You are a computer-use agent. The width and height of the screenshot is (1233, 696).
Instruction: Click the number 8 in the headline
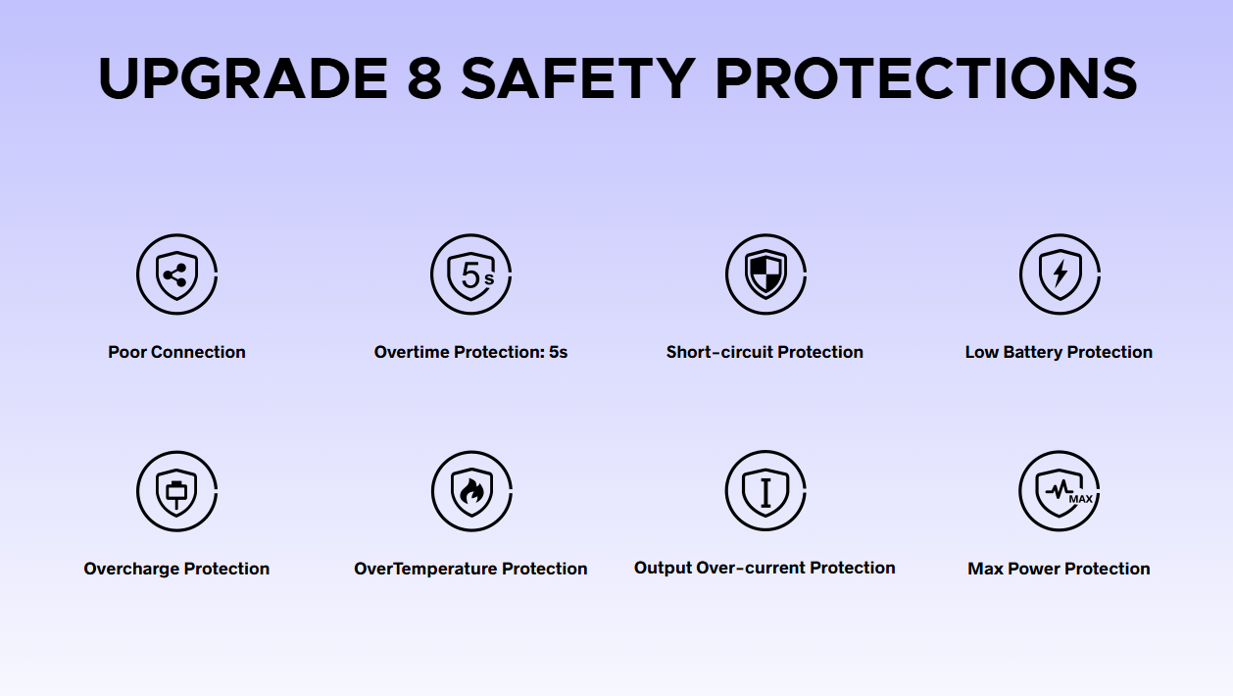(x=424, y=77)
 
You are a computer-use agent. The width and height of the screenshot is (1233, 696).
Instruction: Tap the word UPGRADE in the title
(x=243, y=77)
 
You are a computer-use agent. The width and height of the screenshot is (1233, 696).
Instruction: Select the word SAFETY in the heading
(x=578, y=77)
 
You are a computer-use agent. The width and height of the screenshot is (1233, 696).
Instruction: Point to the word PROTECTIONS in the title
(x=926, y=77)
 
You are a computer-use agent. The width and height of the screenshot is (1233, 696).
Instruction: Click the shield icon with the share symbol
(x=176, y=274)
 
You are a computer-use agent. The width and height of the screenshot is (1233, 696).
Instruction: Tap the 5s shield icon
(x=471, y=274)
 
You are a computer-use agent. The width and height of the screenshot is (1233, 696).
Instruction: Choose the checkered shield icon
(x=765, y=274)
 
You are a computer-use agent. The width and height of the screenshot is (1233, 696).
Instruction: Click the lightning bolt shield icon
(x=1060, y=274)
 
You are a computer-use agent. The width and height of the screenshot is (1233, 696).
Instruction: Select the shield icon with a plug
(x=176, y=491)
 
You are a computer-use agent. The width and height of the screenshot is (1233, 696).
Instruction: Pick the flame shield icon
(x=471, y=491)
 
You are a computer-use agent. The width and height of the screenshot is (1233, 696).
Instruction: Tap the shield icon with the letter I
(x=765, y=490)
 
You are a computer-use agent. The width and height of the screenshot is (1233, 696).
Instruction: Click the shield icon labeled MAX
(x=1060, y=490)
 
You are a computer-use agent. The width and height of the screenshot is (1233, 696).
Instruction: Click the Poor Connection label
(x=176, y=352)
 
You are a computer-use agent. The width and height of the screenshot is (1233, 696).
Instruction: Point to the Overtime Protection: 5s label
(x=470, y=352)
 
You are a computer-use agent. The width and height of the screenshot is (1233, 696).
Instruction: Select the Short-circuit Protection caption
(x=764, y=352)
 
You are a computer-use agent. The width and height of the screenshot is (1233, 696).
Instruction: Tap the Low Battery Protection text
(x=1059, y=352)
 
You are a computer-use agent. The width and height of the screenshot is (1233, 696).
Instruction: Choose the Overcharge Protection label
(x=176, y=569)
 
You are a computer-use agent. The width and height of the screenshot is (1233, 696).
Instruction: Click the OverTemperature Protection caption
(x=470, y=569)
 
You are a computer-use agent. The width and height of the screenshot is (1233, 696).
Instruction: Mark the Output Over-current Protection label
(x=764, y=568)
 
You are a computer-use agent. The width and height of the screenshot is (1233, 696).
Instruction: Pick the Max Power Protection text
(x=1059, y=569)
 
